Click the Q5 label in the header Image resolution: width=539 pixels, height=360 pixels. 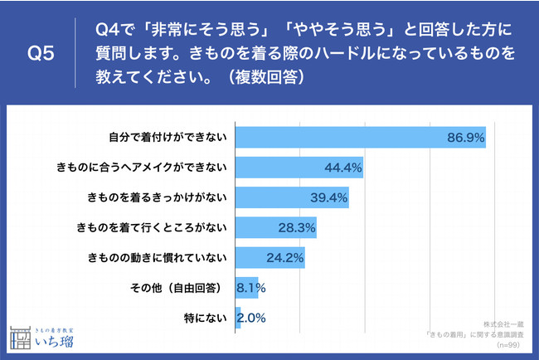coord(41,55)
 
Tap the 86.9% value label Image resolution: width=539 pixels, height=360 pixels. coord(465,137)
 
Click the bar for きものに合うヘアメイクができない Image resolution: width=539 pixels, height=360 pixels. coord(299,168)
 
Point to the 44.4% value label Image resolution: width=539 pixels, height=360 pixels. coord(342,168)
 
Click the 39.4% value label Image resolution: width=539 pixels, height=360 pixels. coord(328,197)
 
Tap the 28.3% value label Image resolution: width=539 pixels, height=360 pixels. coord(295,227)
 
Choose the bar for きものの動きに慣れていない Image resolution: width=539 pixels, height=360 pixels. coord(270,257)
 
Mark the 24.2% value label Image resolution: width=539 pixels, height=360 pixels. coord(284,257)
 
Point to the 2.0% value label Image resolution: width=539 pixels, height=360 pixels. coord(252,317)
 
